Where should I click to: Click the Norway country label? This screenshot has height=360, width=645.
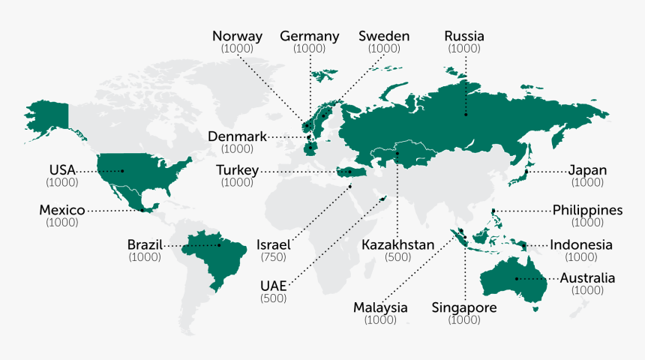[237, 36]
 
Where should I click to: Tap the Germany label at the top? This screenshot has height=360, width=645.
[309, 36]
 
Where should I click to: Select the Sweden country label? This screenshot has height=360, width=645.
[383, 36]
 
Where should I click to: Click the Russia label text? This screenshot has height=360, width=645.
[464, 36]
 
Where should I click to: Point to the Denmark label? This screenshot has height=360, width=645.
[237, 136]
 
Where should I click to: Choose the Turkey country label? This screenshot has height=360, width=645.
[237, 171]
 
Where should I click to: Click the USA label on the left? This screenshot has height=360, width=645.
[62, 170]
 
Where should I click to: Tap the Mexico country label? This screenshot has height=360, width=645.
[61, 211]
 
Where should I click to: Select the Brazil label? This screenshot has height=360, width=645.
[144, 245]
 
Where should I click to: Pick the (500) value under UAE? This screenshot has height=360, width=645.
[273, 298]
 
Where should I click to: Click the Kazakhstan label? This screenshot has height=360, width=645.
[397, 245]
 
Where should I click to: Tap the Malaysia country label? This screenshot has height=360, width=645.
[380, 307]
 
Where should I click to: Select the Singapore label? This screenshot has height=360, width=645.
[464, 307]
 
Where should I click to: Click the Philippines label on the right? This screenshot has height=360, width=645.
[587, 210]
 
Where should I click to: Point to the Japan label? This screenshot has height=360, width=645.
[587, 170]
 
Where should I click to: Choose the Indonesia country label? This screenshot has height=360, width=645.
[581, 244]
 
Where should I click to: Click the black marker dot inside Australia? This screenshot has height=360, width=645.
[517, 279]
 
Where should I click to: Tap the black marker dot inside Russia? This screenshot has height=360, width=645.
[465, 115]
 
